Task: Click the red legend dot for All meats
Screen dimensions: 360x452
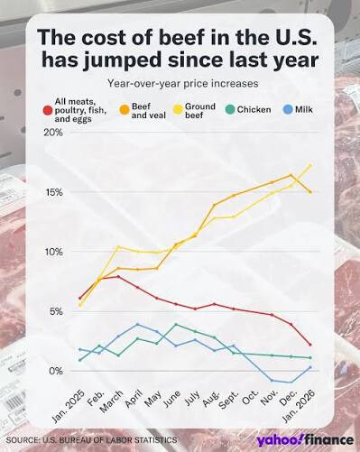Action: coord(47,110)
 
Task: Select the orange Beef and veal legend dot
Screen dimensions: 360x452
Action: coord(125,110)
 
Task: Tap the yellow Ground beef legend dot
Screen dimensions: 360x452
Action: coord(179,110)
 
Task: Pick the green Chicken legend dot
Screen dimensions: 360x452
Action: coord(230,110)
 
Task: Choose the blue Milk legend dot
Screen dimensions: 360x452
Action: coord(288,109)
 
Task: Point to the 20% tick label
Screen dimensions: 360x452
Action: coord(53,133)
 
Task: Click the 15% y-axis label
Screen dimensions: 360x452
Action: coord(54,192)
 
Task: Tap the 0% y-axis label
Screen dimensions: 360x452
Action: coord(56,371)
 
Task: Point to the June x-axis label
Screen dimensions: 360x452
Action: coord(172,400)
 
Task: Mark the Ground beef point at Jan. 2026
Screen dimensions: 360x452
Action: coord(310,165)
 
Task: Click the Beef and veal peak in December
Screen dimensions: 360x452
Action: coord(291,175)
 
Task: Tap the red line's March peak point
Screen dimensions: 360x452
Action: coord(118,276)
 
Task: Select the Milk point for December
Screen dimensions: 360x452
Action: coord(291,383)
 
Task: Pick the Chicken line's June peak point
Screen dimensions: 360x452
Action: coord(176,324)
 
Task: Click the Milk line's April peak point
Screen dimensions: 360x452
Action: coord(137,324)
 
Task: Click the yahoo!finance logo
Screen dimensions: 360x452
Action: coord(305,440)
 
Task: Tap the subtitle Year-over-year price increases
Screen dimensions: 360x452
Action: coord(183,83)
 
